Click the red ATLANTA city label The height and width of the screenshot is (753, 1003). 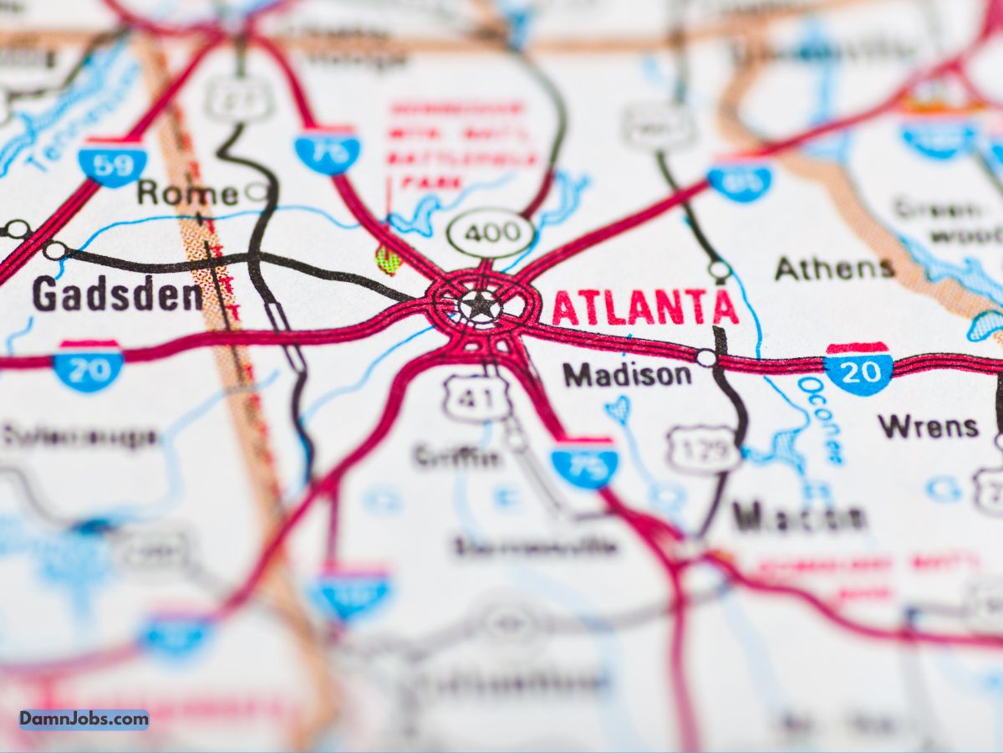point(644,308)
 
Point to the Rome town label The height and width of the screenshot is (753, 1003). point(187,193)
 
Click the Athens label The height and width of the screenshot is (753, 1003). point(834,269)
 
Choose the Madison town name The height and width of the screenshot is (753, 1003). point(627,375)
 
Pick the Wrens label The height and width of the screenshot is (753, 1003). point(928,427)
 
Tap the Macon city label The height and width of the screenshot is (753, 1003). point(798,517)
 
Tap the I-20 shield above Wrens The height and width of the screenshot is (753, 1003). point(858,368)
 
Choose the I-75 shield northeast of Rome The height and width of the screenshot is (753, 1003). point(327,151)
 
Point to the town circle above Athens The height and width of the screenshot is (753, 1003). point(720,269)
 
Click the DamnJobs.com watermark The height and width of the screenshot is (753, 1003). point(84,719)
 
